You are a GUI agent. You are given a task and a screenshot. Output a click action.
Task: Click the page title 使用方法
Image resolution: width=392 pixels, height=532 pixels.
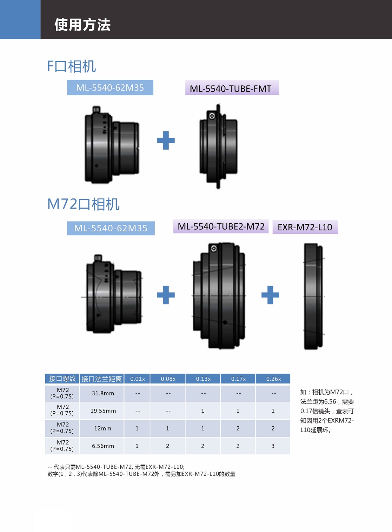tap(82, 25)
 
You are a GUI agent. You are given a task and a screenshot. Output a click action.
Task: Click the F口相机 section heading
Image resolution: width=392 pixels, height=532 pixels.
tap(72, 66)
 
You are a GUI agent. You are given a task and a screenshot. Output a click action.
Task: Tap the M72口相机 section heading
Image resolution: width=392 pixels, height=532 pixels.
tap(84, 204)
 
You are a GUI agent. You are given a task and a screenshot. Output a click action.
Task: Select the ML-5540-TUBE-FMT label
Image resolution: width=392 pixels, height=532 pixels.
tap(231, 88)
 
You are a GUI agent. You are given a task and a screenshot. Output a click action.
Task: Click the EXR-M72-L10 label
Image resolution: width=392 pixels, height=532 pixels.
tap(305, 227)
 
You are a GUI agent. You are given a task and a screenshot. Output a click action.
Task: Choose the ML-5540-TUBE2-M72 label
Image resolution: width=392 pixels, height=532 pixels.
tap(221, 226)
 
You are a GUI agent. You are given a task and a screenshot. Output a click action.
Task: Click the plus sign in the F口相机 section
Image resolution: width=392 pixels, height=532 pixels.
tap(166, 140)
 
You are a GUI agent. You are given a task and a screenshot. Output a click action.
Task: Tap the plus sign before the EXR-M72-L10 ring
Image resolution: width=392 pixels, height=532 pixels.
tap(270, 295)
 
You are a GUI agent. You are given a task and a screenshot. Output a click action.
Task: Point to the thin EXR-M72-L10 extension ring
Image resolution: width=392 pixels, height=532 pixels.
tap(313, 296)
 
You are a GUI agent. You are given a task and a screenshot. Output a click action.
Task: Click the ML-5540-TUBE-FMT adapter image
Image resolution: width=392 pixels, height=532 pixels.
tap(218, 146)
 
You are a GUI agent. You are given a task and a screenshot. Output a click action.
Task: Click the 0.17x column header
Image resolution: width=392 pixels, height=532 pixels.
tap(238, 379)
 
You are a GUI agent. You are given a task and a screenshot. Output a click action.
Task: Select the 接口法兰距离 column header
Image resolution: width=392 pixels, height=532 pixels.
tap(102, 379)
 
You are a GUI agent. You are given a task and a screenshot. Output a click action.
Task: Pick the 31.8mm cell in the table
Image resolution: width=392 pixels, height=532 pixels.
tap(103, 393)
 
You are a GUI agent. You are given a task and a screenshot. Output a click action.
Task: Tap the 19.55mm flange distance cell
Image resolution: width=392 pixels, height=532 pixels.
tap(103, 411)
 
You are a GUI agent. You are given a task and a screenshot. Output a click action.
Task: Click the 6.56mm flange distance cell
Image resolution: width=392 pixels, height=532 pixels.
tap(103, 446)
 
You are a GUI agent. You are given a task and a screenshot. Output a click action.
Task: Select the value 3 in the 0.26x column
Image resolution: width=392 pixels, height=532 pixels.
tap(273, 446)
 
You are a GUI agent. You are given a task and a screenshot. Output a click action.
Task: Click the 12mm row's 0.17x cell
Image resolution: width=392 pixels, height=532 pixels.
tap(238, 428)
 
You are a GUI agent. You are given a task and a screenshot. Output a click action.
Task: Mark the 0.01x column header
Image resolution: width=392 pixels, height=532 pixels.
tap(138, 379)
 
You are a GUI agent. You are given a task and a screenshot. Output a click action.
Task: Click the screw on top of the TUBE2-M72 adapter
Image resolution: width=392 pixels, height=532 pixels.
tap(214, 249)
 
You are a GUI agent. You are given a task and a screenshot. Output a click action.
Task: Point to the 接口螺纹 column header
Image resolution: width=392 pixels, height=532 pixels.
tap(62, 379)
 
